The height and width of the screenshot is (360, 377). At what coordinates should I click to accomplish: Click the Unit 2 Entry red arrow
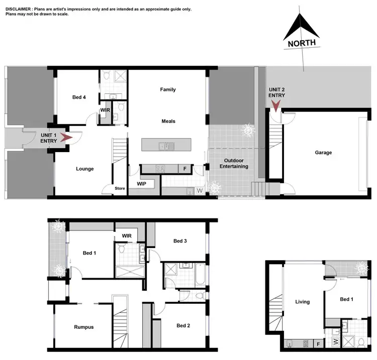click(275, 105)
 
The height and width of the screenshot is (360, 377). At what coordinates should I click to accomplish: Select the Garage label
click(323, 153)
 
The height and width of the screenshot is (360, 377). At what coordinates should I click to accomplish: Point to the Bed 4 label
click(78, 97)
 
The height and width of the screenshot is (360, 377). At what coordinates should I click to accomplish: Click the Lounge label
click(84, 169)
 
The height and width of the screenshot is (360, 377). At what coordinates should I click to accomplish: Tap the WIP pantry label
click(142, 184)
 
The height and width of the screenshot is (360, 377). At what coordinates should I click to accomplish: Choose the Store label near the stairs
click(120, 189)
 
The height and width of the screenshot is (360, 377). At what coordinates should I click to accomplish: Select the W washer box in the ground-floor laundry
click(199, 191)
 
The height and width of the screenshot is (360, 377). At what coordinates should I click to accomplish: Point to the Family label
click(168, 89)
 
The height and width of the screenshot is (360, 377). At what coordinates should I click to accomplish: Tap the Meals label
click(168, 121)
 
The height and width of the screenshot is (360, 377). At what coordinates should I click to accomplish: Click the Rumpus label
click(83, 327)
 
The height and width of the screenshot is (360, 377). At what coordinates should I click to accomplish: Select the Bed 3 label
click(180, 241)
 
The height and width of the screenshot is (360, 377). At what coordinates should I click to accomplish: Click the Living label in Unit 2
click(302, 302)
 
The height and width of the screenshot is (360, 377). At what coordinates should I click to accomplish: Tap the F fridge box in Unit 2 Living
click(318, 344)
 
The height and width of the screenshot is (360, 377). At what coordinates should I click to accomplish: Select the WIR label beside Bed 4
click(105, 109)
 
